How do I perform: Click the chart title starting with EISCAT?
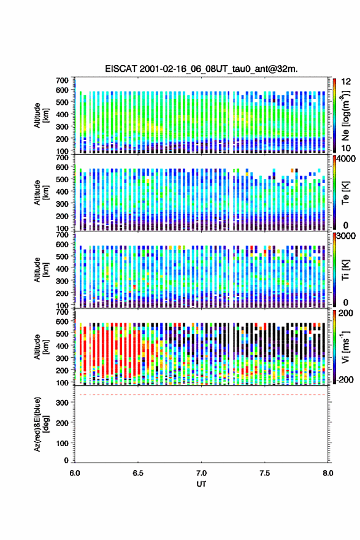tap(201, 69)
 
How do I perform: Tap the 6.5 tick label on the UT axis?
tap(137, 473)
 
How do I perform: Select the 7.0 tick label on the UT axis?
tap(201, 473)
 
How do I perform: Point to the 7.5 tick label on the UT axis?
tap(265, 473)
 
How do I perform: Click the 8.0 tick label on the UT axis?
tap(328, 473)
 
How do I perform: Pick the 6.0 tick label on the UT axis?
tap(75, 473)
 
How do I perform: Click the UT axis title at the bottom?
tap(201, 484)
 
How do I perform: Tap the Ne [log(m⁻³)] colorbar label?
tap(345, 115)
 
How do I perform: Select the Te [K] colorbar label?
tap(345, 193)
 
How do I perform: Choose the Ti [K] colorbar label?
tap(345, 269)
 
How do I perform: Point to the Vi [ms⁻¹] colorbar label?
tap(345, 347)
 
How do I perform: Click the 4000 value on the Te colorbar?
tap(345, 160)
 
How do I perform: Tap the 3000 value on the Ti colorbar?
tap(345, 236)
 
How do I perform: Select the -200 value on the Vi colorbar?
tap(345, 379)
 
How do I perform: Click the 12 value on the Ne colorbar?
tap(347, 82)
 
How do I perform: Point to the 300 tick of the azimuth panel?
tap(62, 403)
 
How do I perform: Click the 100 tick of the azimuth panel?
tap(62, 443)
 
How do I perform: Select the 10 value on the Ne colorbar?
tap(347, 148)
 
